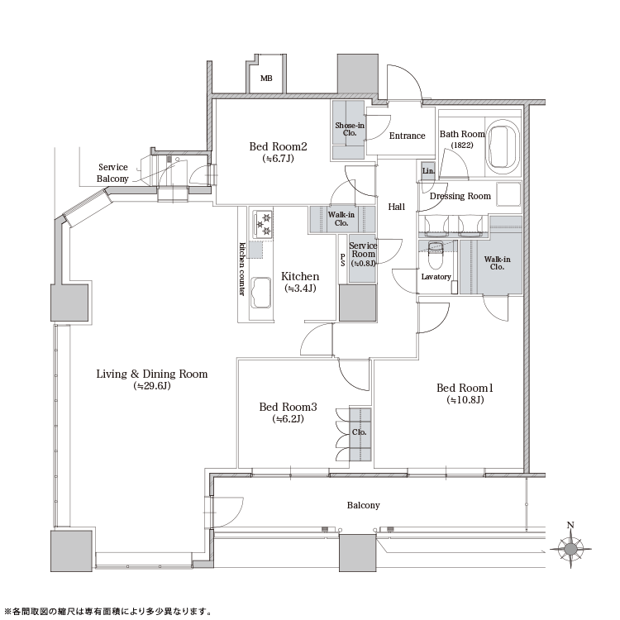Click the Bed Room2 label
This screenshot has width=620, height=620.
point(278,146)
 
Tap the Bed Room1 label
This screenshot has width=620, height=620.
point(465,388)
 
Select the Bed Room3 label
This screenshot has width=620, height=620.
point(288,407)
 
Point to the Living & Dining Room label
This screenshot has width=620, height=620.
point(152,374)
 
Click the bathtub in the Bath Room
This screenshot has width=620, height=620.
point(502,148)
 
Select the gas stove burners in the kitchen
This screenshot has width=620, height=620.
point(263,224)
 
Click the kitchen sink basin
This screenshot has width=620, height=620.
point(260,292)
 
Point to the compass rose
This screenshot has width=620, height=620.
point(570,548)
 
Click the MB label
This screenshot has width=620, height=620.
point(266,79)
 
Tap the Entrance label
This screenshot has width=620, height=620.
point(407,136)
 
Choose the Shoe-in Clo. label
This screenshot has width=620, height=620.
point(350,129)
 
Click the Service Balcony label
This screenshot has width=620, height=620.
point(112,173)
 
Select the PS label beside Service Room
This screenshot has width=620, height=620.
point(343,260)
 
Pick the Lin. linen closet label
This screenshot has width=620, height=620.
point(428,171)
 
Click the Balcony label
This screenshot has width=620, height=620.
point(364,505)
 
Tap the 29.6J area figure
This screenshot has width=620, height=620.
point(152,386)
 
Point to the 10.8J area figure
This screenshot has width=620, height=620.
point(465,400)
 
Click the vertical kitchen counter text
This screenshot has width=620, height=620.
point(242,269)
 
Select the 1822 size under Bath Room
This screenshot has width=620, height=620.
point(462,145)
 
